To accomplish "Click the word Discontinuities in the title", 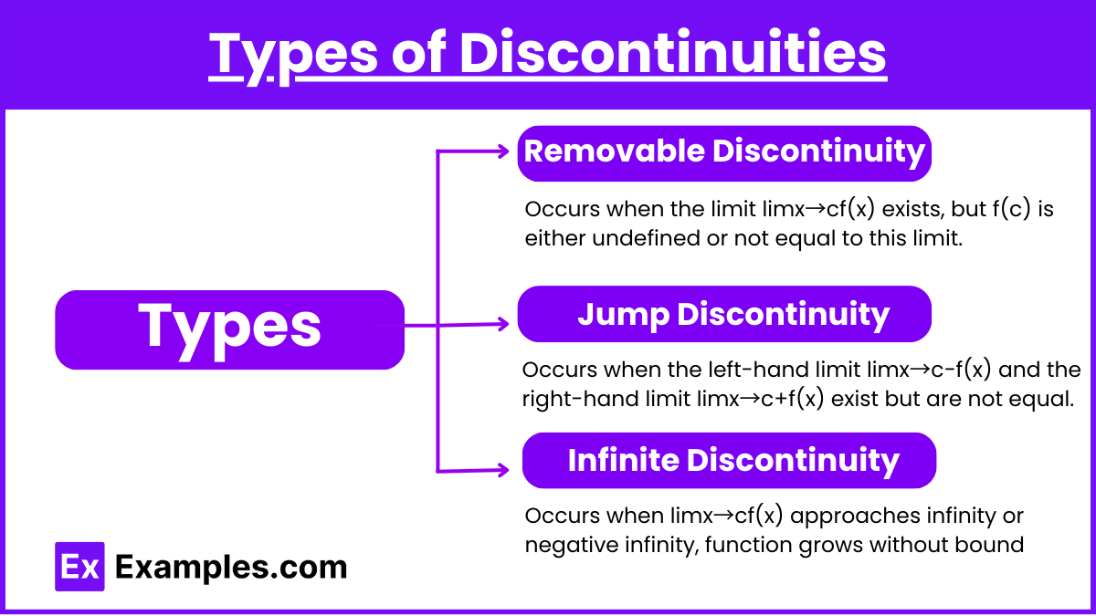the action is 673,53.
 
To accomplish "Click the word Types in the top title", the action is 293,57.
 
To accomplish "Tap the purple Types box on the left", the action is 229,330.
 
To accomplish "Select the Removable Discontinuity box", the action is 724,153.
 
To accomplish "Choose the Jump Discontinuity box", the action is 724,314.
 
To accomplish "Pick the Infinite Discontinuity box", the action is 729,461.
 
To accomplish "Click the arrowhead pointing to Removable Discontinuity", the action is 502,151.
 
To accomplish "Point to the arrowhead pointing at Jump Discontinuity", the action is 502,324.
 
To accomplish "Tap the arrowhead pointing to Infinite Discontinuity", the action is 502,470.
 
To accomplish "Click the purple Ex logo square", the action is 79,567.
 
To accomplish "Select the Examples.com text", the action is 231,568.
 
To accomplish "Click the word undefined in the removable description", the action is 646,238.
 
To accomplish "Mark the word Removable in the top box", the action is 615,151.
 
